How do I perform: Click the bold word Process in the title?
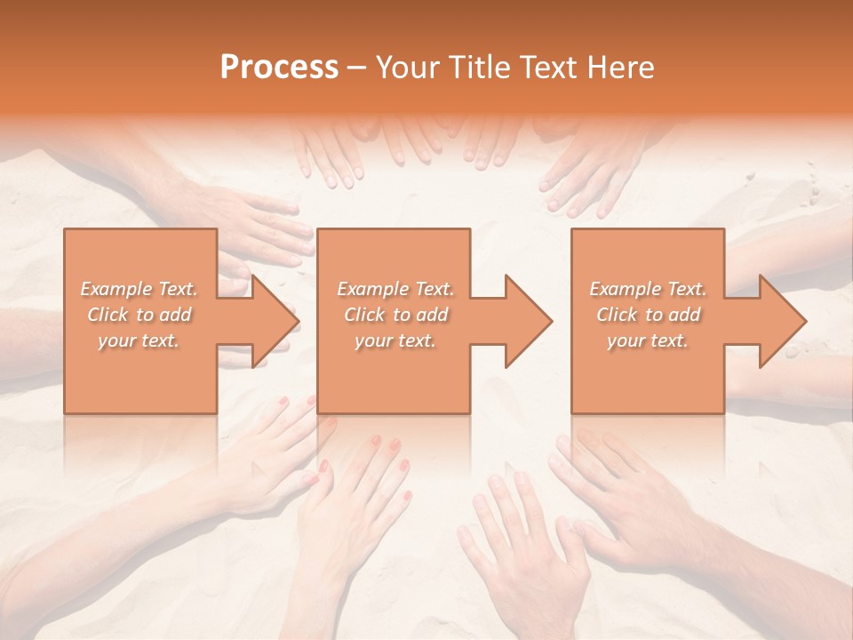(x=279, y=68)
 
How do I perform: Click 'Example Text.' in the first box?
(x=140, y=289)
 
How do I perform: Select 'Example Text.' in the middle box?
(x=395, y=289)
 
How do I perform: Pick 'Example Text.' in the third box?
(x=648, y=289)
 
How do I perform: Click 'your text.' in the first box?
(x=140, y=340)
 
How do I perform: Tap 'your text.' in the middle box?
(x=395, y=340)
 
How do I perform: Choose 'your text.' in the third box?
(x=648, y=340)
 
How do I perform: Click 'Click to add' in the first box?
(x=140, y=315)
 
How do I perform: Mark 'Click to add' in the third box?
(x=648, y=315)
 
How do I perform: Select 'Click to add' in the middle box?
(x=395, y=315)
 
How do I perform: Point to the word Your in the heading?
(x=405, y=68)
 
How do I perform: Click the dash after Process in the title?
(x=357, y=68)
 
